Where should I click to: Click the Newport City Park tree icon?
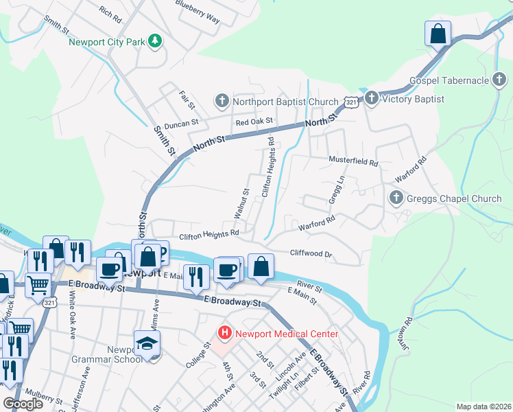[x=156, y=42]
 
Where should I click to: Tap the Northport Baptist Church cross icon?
[x=222, y=102]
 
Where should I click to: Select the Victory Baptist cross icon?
[x=371, y=99]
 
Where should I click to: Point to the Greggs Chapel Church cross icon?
[x=395, y=199]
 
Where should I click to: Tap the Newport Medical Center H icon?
[x=224, y=334]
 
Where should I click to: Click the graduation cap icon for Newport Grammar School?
[x=147, y=344]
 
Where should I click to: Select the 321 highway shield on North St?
[x=350, y=102]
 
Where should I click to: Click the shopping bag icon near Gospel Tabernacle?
[x=438, y=33]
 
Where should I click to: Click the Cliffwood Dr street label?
[x=311, y=253]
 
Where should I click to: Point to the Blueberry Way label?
[x=198, y=14]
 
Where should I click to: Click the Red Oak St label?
[x=254, y=122]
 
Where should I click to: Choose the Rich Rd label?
[x=110, y=12]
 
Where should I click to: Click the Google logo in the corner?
[x=23, y=403]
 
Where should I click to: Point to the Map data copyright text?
[x=483, y=407]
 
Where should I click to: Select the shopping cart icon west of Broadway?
[x=38, y=284]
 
